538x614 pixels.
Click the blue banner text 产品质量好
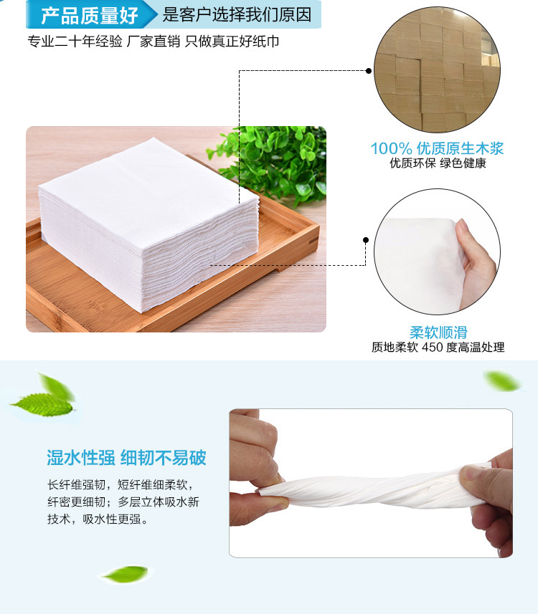coord(90,15)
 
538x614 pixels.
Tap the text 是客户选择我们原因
coord(237,15)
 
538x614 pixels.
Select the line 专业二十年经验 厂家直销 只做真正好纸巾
coord(154,41)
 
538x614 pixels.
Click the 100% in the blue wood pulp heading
coord(391,148)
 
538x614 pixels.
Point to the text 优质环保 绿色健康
coord(438,163)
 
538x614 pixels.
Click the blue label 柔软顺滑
coord(438,332)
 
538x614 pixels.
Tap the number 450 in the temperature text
coord(432,347)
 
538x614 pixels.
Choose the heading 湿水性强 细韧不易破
coord(126,458)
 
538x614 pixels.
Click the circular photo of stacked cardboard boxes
coord(438,69)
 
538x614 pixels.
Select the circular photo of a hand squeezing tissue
coord(438,251)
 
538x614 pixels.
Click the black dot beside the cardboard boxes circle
coord(369,70)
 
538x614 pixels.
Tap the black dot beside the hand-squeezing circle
coord(366,240)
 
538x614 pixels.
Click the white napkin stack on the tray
coord(148,224)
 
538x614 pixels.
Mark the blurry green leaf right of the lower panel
coord(502,381)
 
